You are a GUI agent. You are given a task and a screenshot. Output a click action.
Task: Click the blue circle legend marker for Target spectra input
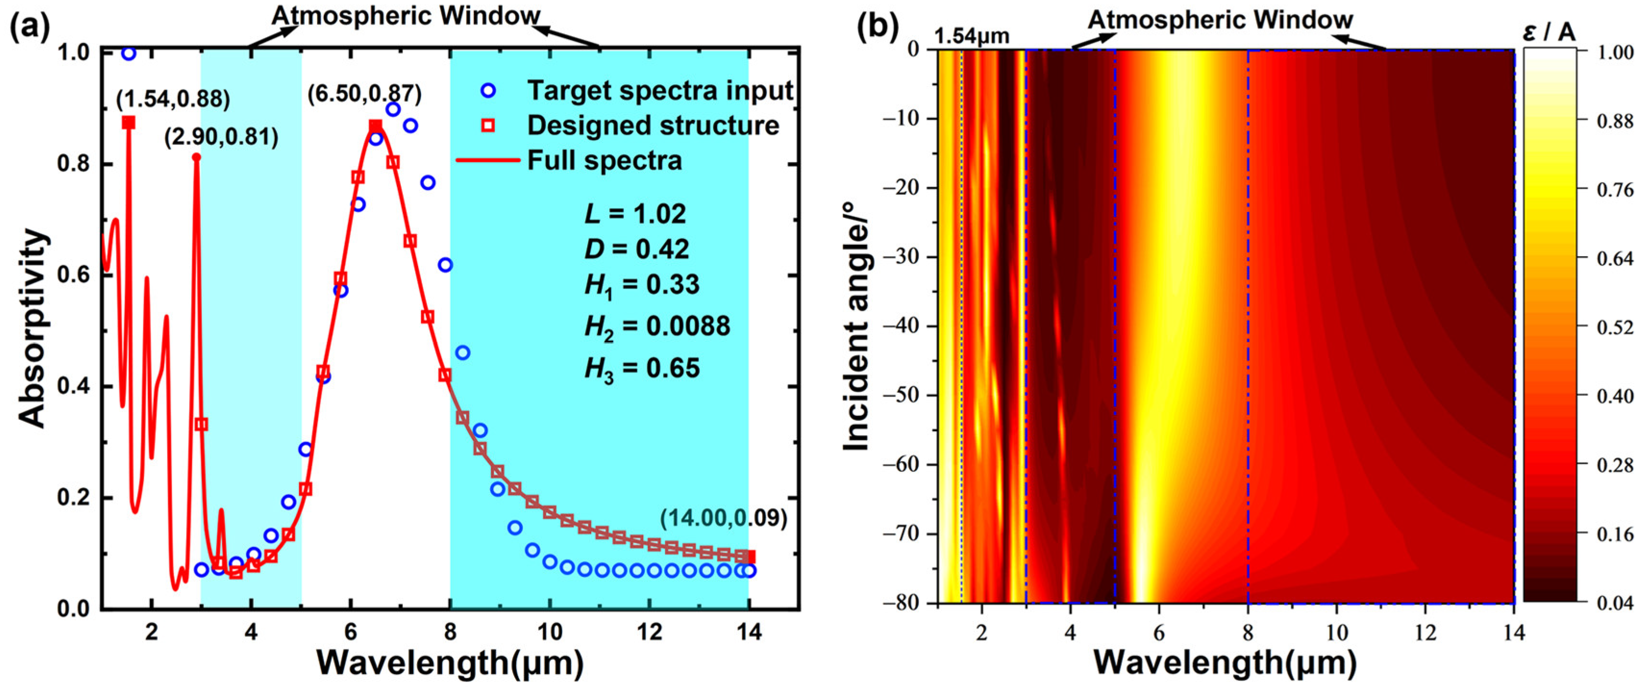(x=488, y=90)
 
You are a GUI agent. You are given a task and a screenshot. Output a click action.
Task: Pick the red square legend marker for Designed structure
(x=488, y=126)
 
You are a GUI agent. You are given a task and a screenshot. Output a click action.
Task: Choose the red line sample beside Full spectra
(x=488, y=160)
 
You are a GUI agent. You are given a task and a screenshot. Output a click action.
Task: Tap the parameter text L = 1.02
(x=635, y=214)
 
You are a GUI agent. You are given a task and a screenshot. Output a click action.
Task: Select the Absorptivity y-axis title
(x=32, y=328)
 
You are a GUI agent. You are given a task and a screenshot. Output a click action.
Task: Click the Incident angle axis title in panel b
(x=856, y=326)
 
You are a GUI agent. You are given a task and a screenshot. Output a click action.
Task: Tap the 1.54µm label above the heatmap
(x=972, y=37)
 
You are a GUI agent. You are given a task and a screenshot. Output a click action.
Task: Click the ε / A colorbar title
(x=1549, y=32)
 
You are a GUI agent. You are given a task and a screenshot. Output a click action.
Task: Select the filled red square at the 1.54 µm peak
(x=129, y=123)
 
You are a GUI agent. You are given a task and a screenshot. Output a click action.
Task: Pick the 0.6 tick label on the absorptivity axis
(x=72, y=276)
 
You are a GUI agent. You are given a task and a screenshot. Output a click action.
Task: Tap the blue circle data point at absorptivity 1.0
(x=129, y=53)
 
